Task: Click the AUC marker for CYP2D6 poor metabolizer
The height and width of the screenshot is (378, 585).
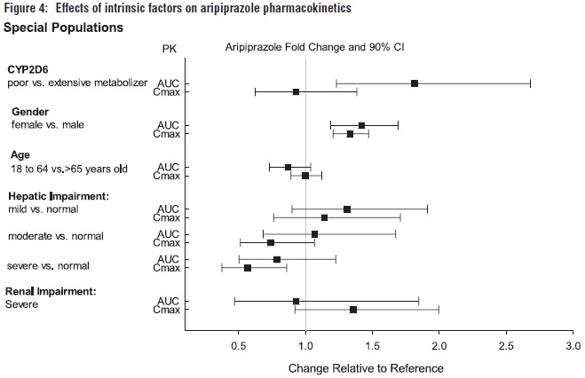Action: (x=415, y=83)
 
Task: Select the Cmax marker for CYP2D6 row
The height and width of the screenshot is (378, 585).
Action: (x=296, y=91)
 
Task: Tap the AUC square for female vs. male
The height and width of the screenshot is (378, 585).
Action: (x=361, y=125)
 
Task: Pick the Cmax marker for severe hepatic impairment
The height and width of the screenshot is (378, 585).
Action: (x=248, y=267)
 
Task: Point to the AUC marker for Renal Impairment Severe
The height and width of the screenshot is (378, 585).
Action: (x=296, y=302)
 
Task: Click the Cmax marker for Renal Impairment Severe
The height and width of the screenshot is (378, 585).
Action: (x=353, y=310)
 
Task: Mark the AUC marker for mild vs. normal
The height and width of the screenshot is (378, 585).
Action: (x=347, y=209)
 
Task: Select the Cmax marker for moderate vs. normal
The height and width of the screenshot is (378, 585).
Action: (x=271, y=242)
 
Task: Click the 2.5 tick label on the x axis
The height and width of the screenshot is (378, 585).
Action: (x=506, y=343)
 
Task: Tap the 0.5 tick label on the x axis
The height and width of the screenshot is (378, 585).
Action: (x=239, y=343)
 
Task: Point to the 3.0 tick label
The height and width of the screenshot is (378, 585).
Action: (x=573, y=343)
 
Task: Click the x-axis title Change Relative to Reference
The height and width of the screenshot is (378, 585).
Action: (x=366, y=366)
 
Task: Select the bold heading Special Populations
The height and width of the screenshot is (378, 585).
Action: (x=63, y=28)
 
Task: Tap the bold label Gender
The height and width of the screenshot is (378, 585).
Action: (x=30, y=111)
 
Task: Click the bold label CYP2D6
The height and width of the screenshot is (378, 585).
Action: (x=28, y=68)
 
